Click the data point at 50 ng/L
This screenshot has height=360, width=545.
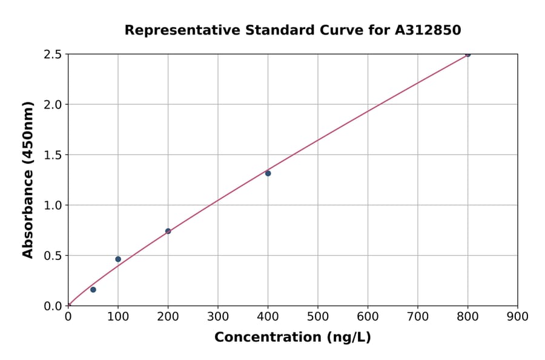click(93, 290)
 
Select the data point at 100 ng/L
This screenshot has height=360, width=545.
click(118, 259)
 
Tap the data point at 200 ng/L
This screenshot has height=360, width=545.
click(168, 231)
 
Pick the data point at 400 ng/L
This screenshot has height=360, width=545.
click(268, 173)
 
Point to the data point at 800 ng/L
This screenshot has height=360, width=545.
click(467, 54)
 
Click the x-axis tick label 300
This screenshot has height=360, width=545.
click(218, 316)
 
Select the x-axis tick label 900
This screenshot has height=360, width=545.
click(518, 316)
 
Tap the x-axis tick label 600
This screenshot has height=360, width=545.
click(368, 316)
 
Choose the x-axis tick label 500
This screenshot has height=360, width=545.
click(318, 316)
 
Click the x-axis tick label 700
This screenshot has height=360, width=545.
click(418, 316)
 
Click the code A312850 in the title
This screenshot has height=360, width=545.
click(428, 30)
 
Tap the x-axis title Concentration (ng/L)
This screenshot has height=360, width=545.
click(292, 338)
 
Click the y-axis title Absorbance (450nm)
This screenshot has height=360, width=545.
click(28, 180)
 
